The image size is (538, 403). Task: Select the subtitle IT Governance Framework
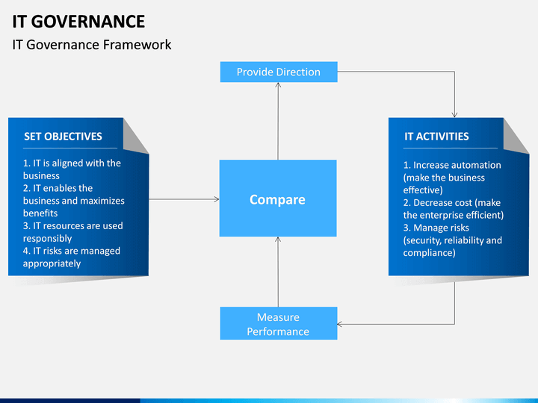coord(92,45)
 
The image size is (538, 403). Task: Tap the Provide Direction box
coord(278,72)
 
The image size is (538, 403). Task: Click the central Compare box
coord(277,199)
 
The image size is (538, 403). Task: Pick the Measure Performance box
coord(278,324)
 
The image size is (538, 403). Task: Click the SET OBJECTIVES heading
coord(63,136)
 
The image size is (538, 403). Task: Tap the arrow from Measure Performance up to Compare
coord(278,272)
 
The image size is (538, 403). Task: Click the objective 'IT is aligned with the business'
coord(71,169)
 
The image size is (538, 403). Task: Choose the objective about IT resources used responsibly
coord(72,232)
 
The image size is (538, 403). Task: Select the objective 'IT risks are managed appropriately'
coord(71,257)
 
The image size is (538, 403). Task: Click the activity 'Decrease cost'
coord(453,208)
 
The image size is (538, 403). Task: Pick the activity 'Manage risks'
coord(452,240)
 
